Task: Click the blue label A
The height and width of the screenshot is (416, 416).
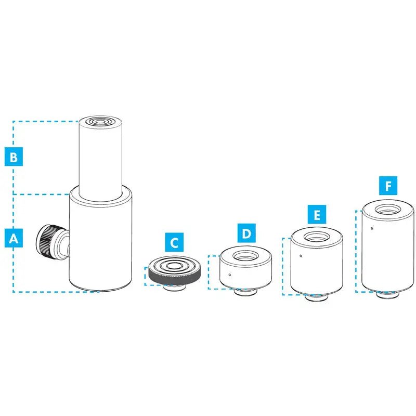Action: click(x=14, y=238)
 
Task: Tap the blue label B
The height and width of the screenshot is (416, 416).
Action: click(x=14, y=157)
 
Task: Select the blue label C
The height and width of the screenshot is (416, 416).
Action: click(x=174, y=242)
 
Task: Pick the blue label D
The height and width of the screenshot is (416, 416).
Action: click(x=246, y=233)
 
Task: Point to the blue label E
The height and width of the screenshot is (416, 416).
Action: click(x=317, y=214)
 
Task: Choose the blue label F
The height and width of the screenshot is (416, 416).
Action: click(x=388, y=186)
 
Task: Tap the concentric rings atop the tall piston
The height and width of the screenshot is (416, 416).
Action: click(x=100, y=122)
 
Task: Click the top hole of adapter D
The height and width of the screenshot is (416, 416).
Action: click(x=245, y=256)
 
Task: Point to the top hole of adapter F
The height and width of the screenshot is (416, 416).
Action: click(x=387, y=210)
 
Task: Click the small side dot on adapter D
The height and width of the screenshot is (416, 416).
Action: click(x=229, y=275)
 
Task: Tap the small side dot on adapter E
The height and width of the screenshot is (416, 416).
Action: click(x=301, y=256)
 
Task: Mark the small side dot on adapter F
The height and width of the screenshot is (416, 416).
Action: click(x=372, y=228)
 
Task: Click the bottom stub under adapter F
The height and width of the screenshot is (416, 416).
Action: click(x=387, y=295)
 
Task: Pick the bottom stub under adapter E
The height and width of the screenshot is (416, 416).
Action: click(x=317, y=297)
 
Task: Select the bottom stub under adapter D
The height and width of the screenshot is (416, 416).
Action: click(x=245, y=292)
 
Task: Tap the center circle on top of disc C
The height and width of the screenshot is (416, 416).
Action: click(x=174, y=265)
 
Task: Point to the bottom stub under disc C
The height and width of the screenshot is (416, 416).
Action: click(x=174, y=288)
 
